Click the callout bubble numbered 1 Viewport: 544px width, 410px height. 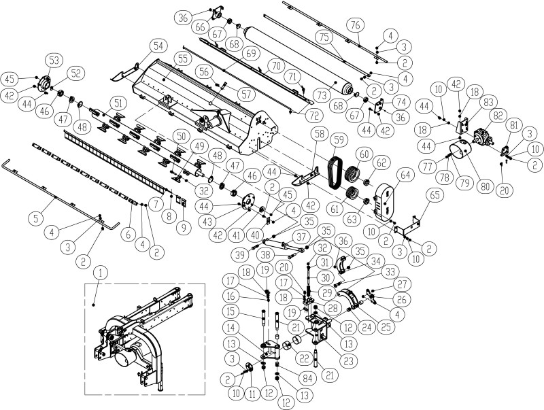point(101,273)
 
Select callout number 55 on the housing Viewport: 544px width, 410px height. point(182,58)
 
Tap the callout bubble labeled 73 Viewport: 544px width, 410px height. point(322,95)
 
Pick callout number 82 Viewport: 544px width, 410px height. point(498,116)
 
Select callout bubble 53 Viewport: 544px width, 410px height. point(54,61)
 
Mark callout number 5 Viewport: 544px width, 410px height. point(37,218)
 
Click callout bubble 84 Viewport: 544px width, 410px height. point(307,379)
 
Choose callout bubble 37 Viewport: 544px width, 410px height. point(301,237)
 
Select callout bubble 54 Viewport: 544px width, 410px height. point(158,46)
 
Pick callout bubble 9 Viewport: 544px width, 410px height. point(184,228)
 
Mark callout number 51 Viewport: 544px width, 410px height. point(118,103)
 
